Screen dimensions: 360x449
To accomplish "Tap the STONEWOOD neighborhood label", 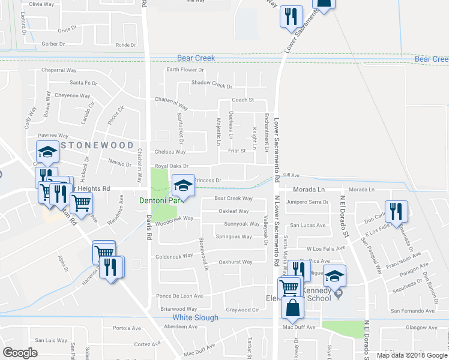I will (x=96, y=145).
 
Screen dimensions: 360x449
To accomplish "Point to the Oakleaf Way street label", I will (x=234, y=211).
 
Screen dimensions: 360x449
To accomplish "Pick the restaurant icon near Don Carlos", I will (x=396, y=212).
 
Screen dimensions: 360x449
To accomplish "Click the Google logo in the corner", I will (x=20, y=353).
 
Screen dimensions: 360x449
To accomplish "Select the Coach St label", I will (x=243, y=100).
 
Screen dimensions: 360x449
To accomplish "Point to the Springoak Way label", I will (x=234, y=236).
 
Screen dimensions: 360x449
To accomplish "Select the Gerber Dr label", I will (x=53, y=44).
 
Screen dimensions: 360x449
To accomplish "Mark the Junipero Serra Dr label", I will (x=308, y=202).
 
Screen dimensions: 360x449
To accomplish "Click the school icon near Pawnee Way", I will (x=47, y=152).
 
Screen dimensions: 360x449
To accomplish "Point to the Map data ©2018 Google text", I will (x=411, y=355).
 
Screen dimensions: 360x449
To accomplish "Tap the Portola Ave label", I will (x=126, y=328).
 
